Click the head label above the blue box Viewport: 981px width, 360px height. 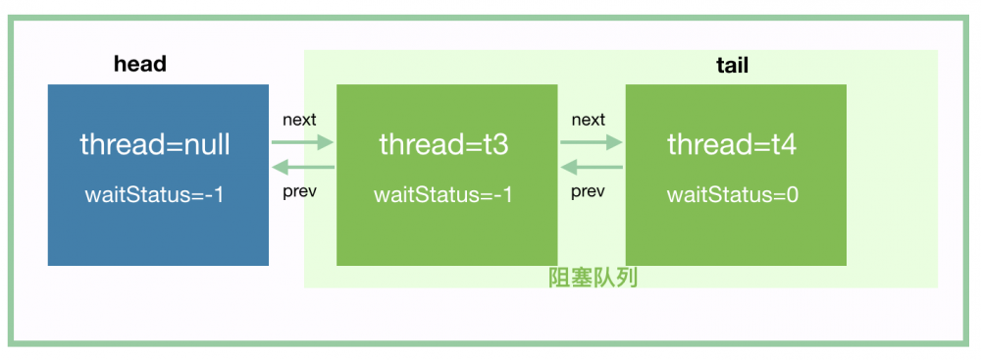point(140,65)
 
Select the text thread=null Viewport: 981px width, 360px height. point(155,145)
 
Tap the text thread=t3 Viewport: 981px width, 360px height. point(443,145)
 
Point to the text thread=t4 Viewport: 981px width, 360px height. point(732,145)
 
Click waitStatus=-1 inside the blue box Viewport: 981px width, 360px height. point(155,194)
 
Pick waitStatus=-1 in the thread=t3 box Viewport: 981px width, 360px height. point(443,194)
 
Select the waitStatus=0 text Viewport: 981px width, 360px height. point(733,194)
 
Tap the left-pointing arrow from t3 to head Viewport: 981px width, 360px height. point(302,167)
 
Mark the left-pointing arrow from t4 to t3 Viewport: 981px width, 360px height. point(592,167)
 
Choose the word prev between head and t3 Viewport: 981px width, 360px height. point(299,190)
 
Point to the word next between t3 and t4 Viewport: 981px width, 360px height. point(588,120)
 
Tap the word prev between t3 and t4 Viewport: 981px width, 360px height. point(588,190)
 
